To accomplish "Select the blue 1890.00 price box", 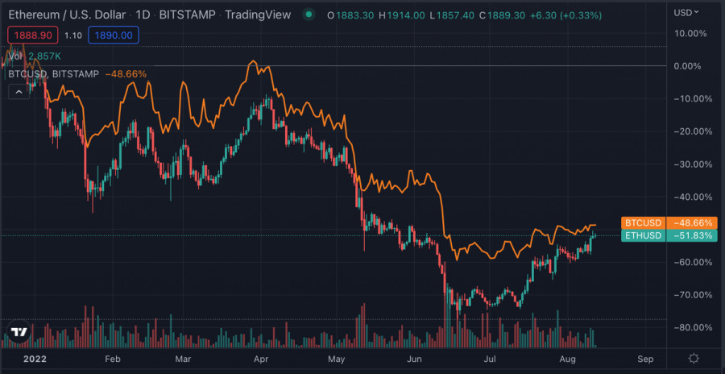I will [116, 35].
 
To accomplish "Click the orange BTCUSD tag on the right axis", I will [642, 222].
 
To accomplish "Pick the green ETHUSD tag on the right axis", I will [642, 235].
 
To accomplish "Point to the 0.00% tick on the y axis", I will [688, 66].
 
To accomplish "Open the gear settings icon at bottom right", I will [694, 357].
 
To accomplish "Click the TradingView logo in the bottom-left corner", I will [20, 331].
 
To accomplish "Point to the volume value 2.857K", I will [45, 56].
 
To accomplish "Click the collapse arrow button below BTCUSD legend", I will [18, 92].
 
